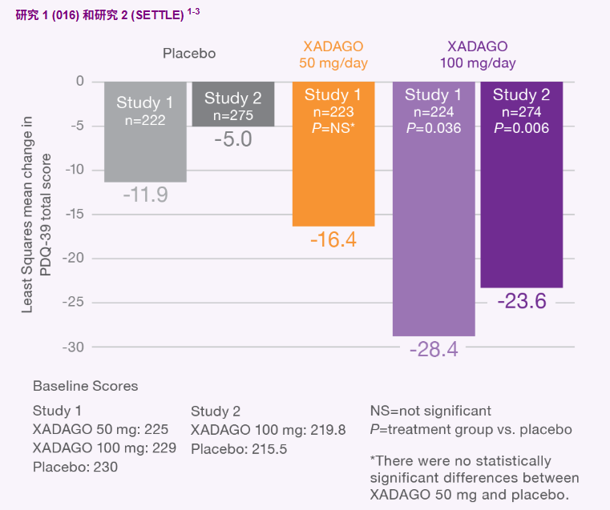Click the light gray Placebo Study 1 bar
[x=145, y=132]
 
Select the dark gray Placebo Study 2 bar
[x=232, y=104]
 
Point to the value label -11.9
[x=145, y=195]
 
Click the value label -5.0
[x=232, y=139]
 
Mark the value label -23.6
[x=521, y=301]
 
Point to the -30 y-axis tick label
[x=74, y=347]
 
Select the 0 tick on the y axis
[x=79, y=81]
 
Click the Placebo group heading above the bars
[x=189, y=54]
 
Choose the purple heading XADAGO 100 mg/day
[x=478, y=54]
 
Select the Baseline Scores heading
[x=85, y=386]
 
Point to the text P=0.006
[x=521, y=128]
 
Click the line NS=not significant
[x=430, y=412]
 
